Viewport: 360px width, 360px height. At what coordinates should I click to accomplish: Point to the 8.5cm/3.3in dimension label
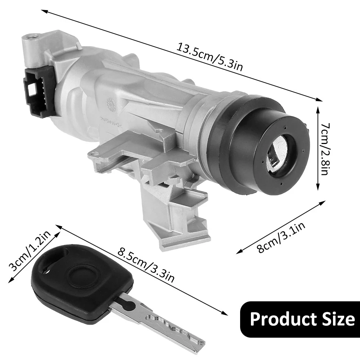(x=146, y=265)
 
